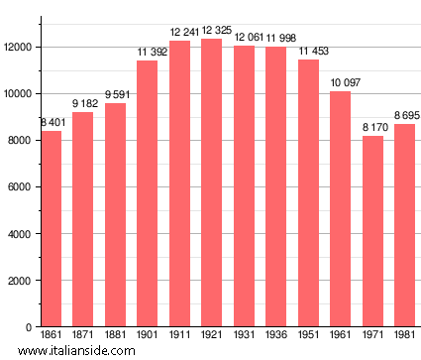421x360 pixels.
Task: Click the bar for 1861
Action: pyautogui.click(x=52, y=229)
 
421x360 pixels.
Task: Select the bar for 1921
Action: pyautogui.click(x=212, y=183)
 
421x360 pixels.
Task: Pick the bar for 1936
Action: pyautogui.click(x=276, y=187)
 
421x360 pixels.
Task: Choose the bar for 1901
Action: pyautogui.click(x=148, y=194)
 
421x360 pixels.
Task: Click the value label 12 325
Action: pyautogui.click(x=212, y=32)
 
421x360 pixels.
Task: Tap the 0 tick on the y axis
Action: pyautogui.click(x=32, y=327)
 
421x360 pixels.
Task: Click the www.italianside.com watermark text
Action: pyautogui.click(x=69, y=351)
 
